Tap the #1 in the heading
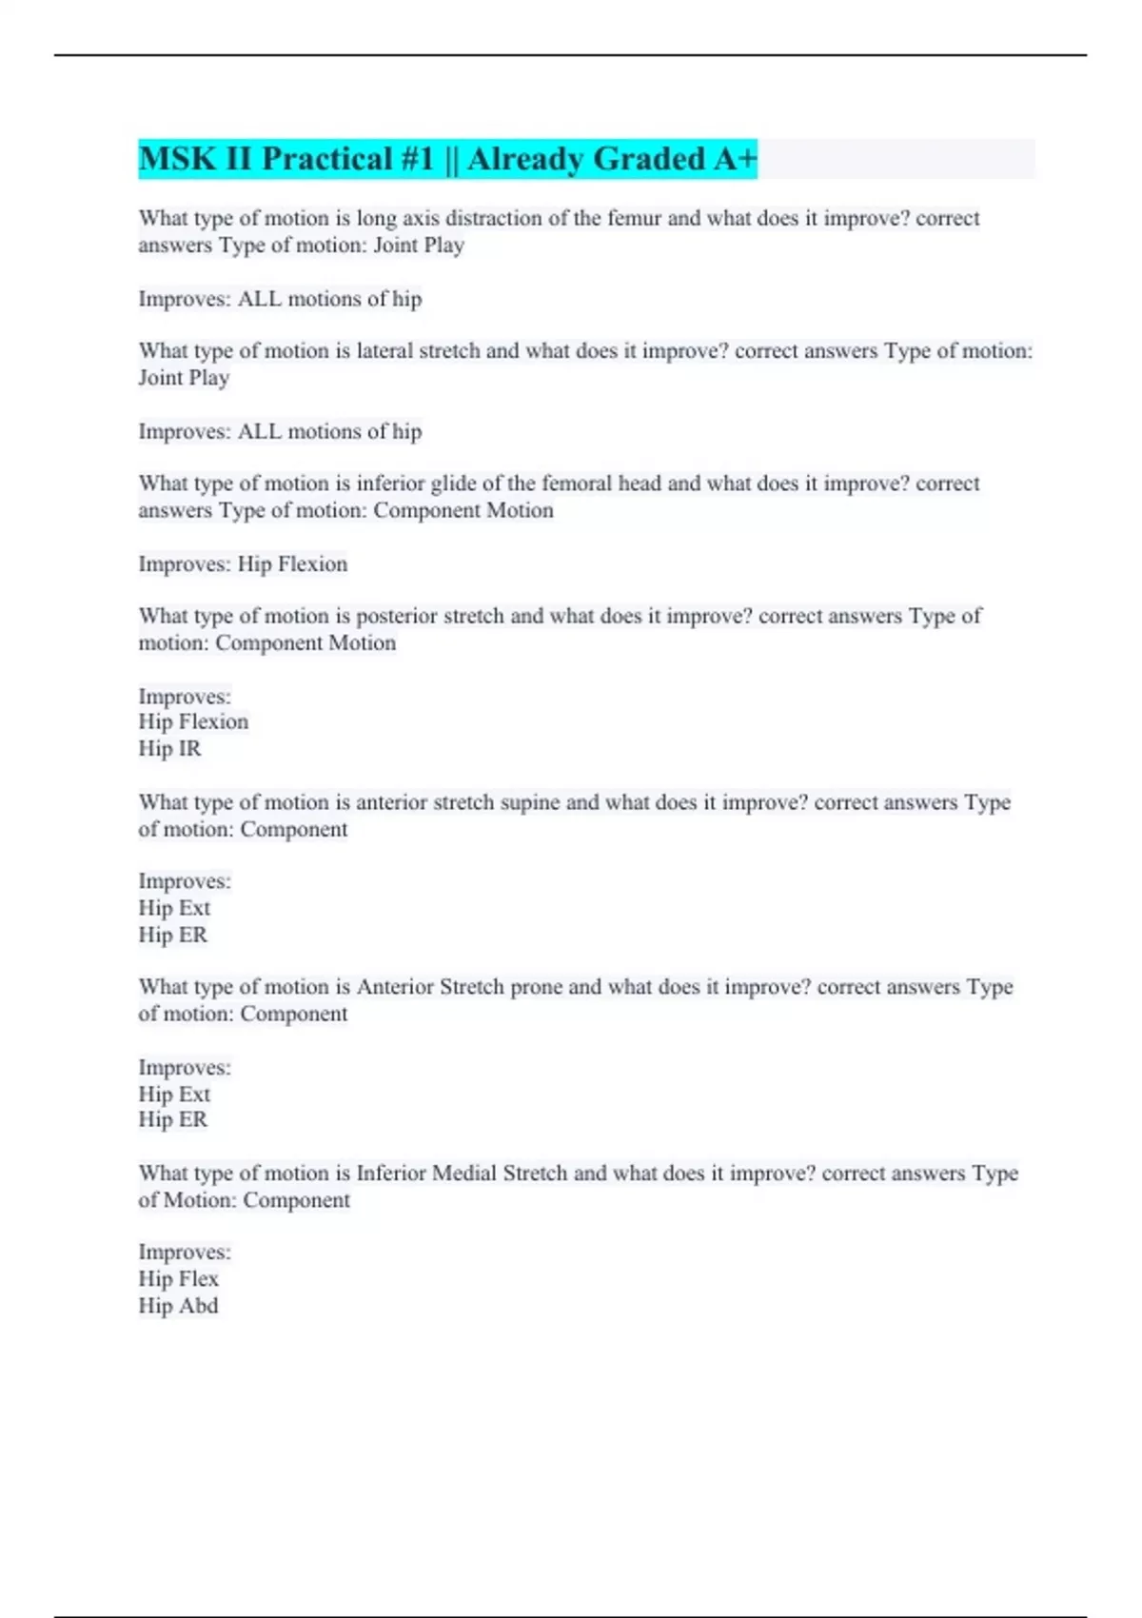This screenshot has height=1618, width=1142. (416, 159)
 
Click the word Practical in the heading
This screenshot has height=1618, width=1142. (325, 159)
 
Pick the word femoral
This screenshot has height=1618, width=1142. (577, 483)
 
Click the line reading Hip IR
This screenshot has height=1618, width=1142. (169, 749)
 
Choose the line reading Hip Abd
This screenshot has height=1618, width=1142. (178, 1306)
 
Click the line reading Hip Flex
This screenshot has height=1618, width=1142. (178, 1279)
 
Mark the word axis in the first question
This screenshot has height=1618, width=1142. (421, 218)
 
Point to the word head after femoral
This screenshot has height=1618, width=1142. (640, 483)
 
